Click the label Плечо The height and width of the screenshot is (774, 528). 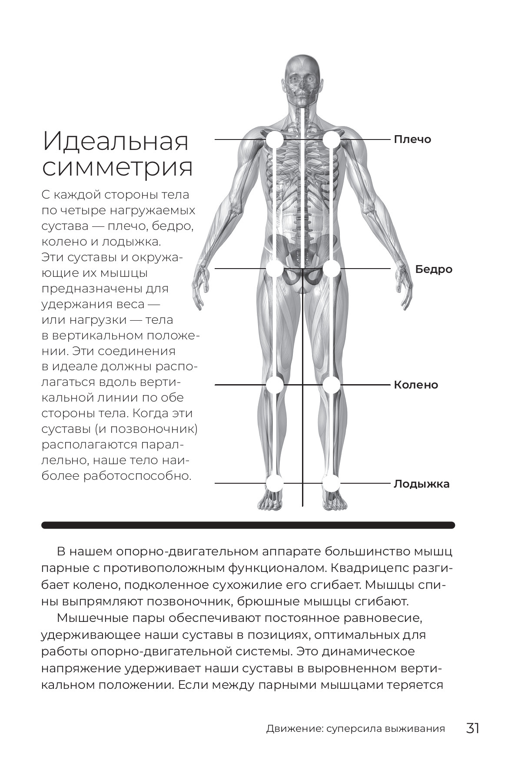coord(412,140)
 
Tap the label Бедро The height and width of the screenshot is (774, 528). coord(433,269)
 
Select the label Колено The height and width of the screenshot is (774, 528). coord(415,385)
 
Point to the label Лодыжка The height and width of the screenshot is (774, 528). coord(421,484)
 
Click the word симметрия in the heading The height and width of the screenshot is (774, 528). coord(117,168)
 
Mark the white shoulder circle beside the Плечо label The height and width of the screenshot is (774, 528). coord(331,140)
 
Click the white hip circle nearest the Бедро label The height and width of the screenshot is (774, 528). coord(331,269)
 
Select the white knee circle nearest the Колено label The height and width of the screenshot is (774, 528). coord(331,385)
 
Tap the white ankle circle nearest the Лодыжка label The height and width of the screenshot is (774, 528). coord(331,483)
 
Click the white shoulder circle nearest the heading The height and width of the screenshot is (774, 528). coord(275,140)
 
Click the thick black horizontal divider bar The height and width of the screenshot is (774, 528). coord(248,525)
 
